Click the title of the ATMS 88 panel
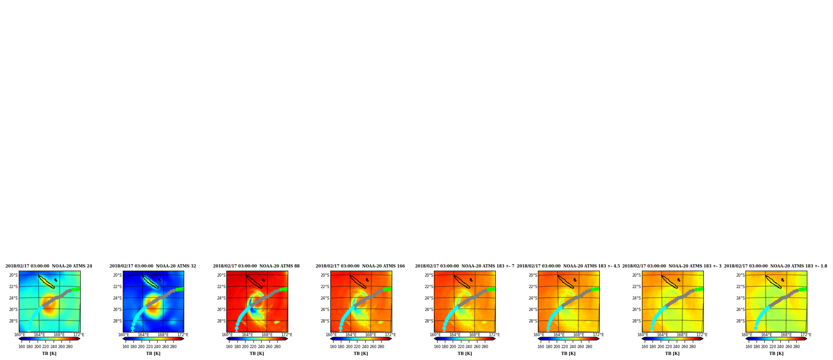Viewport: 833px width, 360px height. tap(256, 266)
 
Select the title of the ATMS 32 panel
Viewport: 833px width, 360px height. tap(153, 266)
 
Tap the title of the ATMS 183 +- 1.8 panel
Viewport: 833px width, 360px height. tap(775, 266)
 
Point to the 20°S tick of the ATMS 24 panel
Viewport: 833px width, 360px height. tap(13, 275)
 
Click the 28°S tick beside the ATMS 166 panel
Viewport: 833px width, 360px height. tap(325, 321)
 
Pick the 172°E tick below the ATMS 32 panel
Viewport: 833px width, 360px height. tap(183, 335)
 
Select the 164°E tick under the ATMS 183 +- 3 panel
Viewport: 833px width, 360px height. tap(663, 335)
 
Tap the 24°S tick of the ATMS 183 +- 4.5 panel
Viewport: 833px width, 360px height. tap(533, 298)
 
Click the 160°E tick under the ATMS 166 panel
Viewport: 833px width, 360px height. tap(331, 335)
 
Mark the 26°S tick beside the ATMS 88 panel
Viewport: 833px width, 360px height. tap(221, 310)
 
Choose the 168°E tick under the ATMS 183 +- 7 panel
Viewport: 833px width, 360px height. tap(474, 335)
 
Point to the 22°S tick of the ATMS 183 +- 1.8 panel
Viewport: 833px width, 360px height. tap(740, 287)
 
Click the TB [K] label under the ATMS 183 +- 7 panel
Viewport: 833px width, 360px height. tap(465, 354)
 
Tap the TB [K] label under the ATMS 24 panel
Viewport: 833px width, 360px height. tap(49, 354)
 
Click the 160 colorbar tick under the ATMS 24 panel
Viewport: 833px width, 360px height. tap(22, 347)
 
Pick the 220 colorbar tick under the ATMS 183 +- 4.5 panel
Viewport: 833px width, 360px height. tap(565, 347)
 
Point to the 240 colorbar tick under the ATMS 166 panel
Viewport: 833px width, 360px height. tap(365, 347)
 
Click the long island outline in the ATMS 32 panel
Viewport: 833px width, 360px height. tap(151, 282)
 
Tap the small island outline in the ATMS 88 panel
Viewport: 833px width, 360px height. tap(263, 280)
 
